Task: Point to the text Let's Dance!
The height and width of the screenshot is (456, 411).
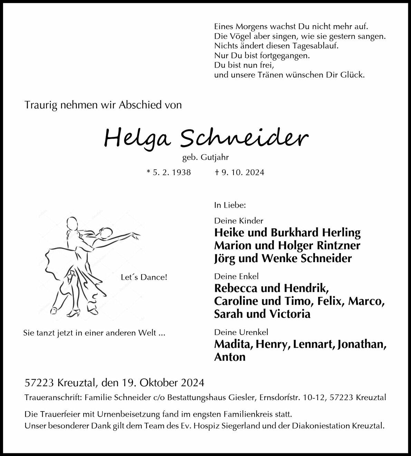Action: pos(144,277)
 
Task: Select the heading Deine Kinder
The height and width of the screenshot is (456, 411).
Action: pos(239,221)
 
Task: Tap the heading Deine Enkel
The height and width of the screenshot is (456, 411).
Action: pos(236,276)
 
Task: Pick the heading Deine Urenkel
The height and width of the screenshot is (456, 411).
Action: pos(241,332)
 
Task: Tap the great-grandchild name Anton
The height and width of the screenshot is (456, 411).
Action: pos(230,357)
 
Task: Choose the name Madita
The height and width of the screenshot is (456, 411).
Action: pos(232,344)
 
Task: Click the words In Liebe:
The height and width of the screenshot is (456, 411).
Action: pos(230,205)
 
